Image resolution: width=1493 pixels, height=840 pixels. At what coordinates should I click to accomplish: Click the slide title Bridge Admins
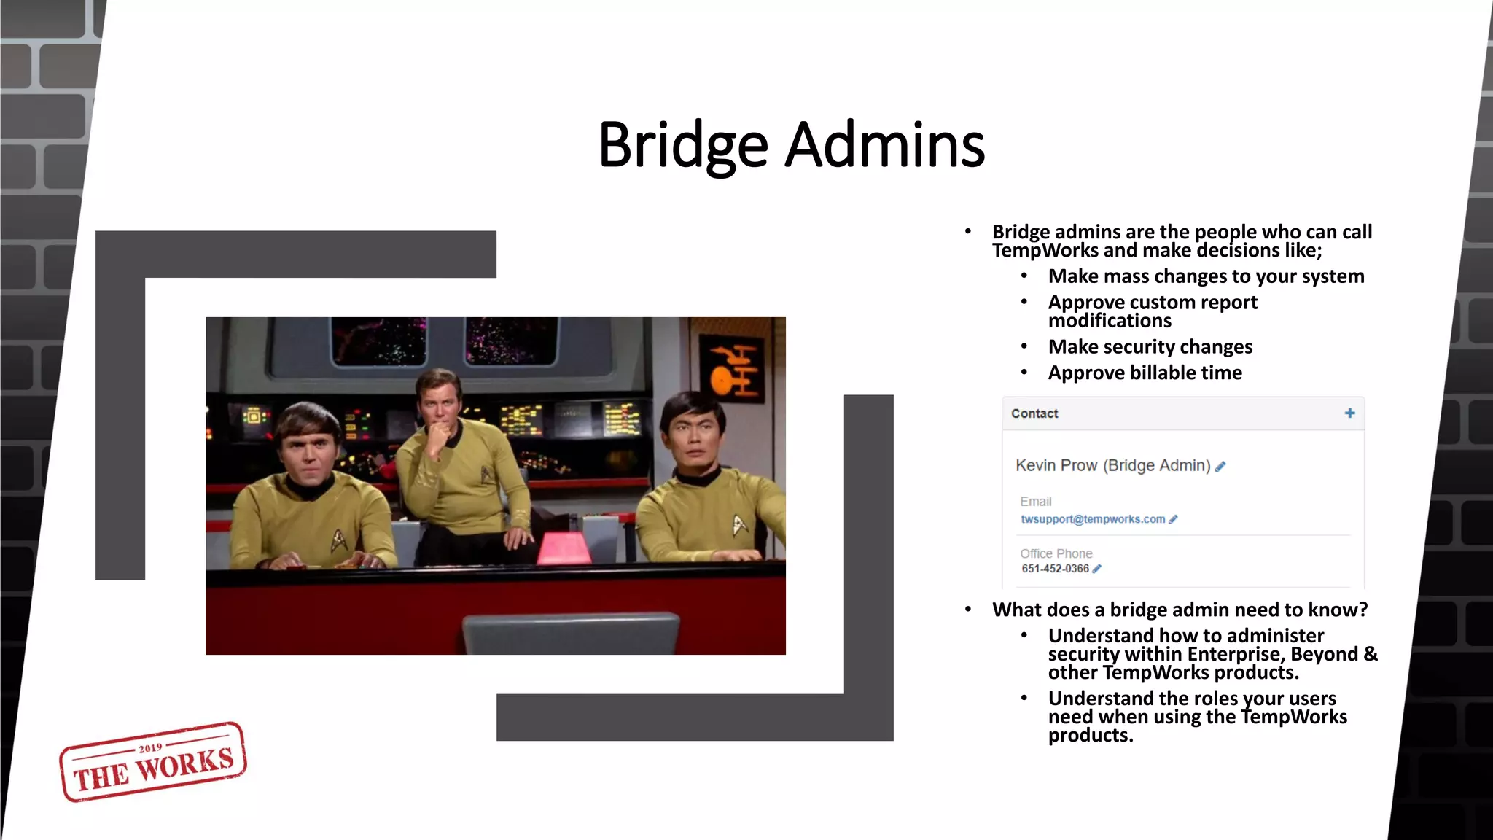[791, 144]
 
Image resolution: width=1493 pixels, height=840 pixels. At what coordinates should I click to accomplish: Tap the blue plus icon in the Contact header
[1349, 413]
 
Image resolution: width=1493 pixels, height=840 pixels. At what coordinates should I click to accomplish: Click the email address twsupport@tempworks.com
[1092, 519]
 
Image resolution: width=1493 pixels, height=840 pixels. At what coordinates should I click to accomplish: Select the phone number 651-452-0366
[1055, 569]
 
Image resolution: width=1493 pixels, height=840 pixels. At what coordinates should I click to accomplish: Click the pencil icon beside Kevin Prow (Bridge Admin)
[1220, 467]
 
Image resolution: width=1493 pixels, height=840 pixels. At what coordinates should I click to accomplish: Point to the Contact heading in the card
[1034, 413]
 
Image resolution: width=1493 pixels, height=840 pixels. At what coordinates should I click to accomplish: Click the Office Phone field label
[1056, 553]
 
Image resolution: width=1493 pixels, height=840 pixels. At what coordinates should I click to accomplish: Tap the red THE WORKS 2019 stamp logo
[153, 762]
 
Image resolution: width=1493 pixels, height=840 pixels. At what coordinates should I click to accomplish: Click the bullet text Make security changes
[1150, 346]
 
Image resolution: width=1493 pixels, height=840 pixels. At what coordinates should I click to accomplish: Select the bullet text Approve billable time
[1145, 373]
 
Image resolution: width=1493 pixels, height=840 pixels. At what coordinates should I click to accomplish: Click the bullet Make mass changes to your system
[1206, 276]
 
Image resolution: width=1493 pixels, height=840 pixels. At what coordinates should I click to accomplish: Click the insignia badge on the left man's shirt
[340, 540]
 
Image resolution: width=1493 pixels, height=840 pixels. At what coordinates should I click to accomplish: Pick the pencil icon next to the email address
[1173, 519]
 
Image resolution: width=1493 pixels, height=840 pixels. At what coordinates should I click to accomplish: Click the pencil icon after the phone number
[1097, 569]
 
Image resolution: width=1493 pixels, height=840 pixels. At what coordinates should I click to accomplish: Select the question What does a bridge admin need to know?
[1180, 610]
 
